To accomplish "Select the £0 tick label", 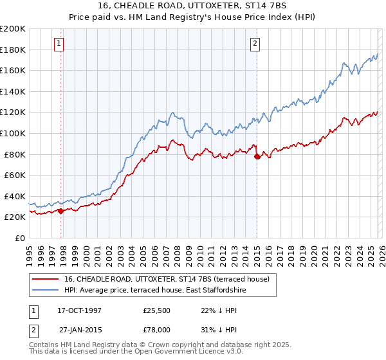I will pos(21,238).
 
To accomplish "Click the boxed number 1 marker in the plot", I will pos(59,44).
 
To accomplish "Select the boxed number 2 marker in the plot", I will pos(255,44).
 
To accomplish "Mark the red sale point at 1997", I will pos(61,211).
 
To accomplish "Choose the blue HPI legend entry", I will pos(155,291).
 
